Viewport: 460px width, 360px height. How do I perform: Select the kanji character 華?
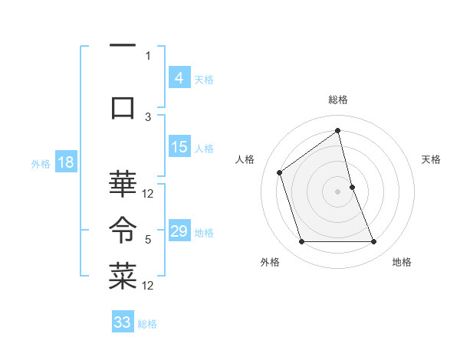(x=123, y=184)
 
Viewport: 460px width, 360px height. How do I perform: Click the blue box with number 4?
(x=179, y=77)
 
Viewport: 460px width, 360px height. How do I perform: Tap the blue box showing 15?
(x=179, y=148)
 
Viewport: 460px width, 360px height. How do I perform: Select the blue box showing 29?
(x=179, y=231)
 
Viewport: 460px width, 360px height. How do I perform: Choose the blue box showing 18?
(x=65, y=162)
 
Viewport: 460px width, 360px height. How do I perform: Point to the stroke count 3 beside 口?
(x=148, y=116)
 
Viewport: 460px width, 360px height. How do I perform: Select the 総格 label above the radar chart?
(x=337, y=100)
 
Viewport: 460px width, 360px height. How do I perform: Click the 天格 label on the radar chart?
(x=432, y=159)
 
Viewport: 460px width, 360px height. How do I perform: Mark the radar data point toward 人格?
(x=280, y=172)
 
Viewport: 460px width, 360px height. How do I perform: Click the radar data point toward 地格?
(x=373, y=242)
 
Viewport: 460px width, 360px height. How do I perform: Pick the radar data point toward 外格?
(x=301, y=242)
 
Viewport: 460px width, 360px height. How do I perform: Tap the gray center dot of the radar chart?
(x=337, y=191)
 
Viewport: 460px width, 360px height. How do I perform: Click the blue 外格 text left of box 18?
(x=41, y=163)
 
